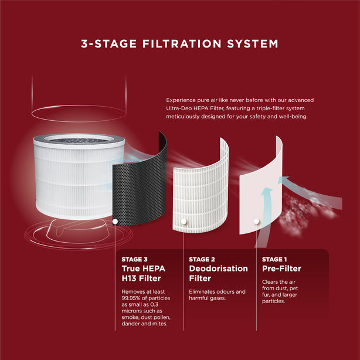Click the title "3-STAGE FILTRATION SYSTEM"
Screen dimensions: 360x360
179,44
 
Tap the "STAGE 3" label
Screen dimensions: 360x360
135,259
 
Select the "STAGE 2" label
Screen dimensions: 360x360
202,259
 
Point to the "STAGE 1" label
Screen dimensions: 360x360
275,259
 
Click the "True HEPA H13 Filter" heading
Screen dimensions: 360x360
143,273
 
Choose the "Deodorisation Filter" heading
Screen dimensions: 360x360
219,273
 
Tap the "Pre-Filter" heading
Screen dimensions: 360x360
281,269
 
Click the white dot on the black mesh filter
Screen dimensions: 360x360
116,221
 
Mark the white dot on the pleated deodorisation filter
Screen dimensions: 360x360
184,222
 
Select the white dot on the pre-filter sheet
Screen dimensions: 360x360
256,221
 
